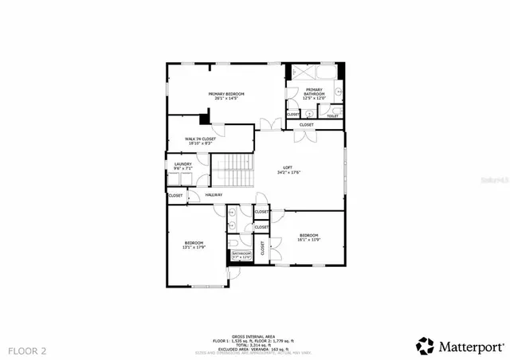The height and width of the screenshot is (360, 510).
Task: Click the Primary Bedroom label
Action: pyautogui.click(x=226, y=94)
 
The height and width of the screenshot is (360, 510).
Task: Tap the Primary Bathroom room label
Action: pyautogui.click(x=314, y=90)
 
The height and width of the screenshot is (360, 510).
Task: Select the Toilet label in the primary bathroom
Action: pyautogui.click(x=332, y=116)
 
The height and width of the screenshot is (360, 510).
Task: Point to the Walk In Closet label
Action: pyautogui.click(x=201, y=139)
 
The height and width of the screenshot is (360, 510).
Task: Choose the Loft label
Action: pyautogui.click(x=288, y=167)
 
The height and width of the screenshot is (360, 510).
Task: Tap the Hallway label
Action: pyautogui.click(x=214, y=195)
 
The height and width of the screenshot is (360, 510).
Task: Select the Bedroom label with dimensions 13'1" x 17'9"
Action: pyautogui.click(x=194, y=243)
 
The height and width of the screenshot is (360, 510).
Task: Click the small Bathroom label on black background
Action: pyautogui.click(x=241, y=254)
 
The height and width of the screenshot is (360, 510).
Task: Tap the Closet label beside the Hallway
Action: pyautogui.click(x=176, y=195)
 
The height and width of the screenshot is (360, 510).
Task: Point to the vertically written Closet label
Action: pyautogui.click(x=262, y=248)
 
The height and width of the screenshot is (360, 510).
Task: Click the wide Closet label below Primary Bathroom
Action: pyautogui.click(x=307, y=125)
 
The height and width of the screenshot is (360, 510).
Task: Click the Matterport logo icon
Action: pyautogui.click(x=426, y=346)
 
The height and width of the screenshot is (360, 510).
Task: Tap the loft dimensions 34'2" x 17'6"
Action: pyautogui.click(x=288, y=172)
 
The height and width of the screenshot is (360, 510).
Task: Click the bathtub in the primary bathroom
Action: pyautogui.click(x=314, y=71)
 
